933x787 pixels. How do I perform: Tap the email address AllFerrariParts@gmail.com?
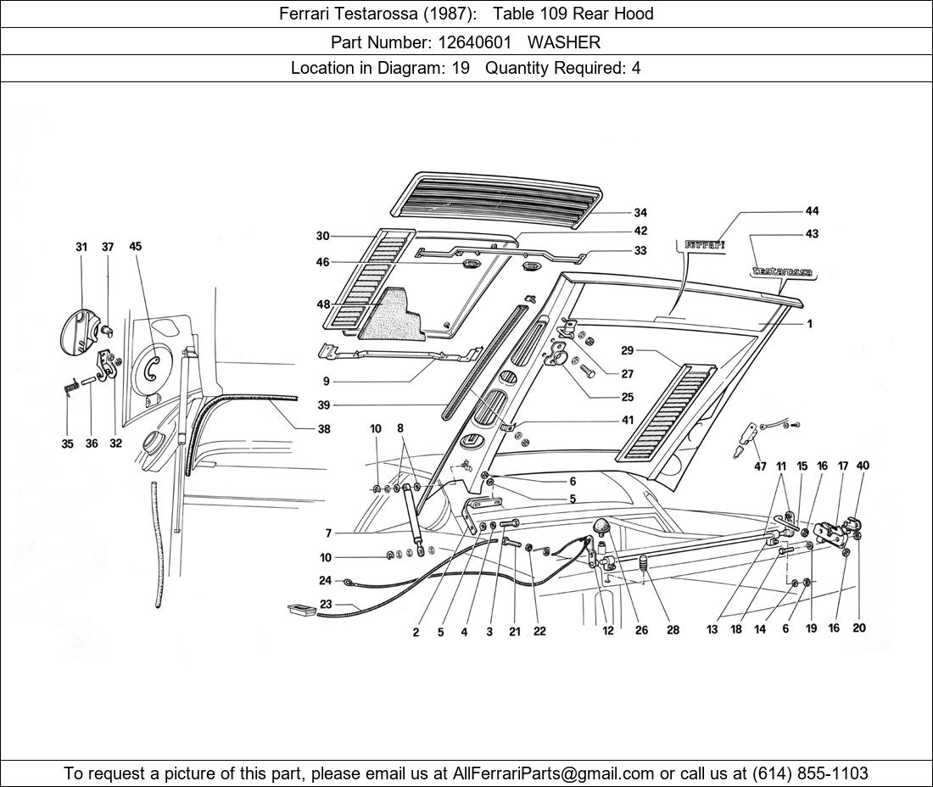pyautogui.click(x=555, y=773)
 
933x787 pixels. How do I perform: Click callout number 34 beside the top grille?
pyautogui.click(x=640, y=213)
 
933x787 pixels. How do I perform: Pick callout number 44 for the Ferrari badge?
pyautogui.click(x=812, y=211)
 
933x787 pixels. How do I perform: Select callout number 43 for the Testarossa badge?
pyautogui.click(x=812, y=234)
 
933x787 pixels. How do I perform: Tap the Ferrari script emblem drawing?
pyautogui.click(x=704, y=245)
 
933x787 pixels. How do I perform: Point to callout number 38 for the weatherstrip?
pyautogui.click(x=324, y=429)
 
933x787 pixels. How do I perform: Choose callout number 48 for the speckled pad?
pyautogui.click(x=323, y=305)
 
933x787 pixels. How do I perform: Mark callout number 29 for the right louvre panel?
pyautogui.click(x=627, y=350)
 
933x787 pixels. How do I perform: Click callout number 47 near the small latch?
pyautogui.click(x=760, y=466)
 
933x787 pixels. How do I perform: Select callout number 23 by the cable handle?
pyautogui.click(x=326, y=605)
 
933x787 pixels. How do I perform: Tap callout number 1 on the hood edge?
pyautogui.click(x=809, y=324)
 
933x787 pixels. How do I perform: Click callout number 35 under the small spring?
pyautogui.click(x=67, y=444)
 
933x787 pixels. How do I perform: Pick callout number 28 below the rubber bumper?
pyautogui.click(x=673, y=630)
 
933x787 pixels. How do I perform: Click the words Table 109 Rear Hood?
pyautogui.click(x=573, y=14)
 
